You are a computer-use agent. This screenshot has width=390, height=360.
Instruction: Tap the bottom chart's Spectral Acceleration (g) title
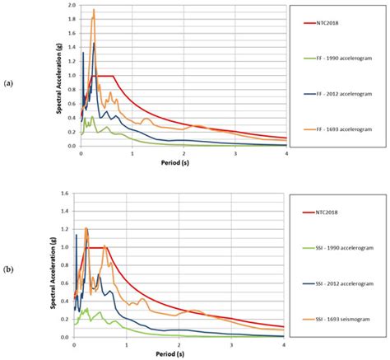pyautogui.click(x=58, y=265)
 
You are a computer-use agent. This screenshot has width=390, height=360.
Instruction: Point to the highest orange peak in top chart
pyautogui.click(x=94, y=10)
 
